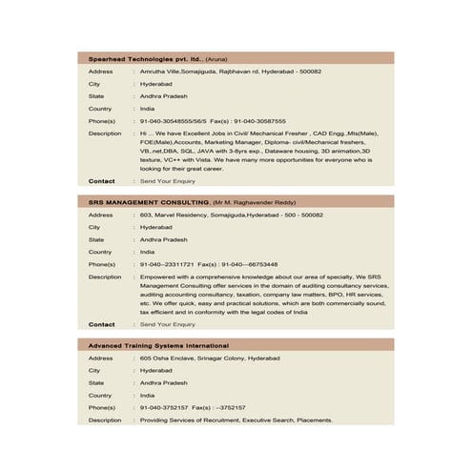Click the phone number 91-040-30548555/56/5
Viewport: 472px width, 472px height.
(174, 121)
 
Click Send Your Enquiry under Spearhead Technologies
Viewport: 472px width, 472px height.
(167, 180)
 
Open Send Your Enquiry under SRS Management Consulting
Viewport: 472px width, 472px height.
(167, 324)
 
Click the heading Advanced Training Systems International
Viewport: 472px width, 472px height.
(158, 345)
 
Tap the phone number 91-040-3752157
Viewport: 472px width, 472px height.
(164, 407)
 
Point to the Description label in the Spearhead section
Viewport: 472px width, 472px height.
(105, 133)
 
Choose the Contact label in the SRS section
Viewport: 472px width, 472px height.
(102, 324)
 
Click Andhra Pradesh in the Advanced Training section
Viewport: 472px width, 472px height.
(163, 382)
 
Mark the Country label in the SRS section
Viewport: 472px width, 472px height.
(100, 252)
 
